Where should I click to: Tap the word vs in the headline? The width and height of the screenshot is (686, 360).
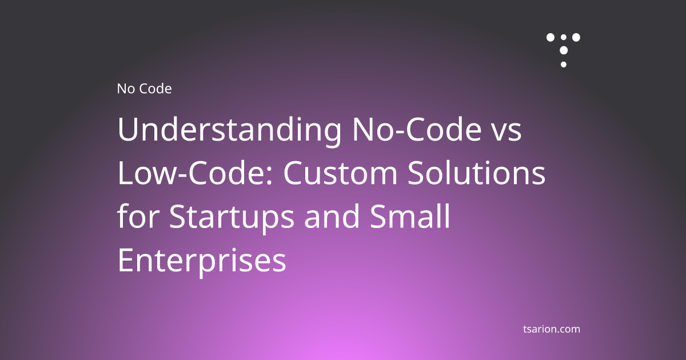[507, 133]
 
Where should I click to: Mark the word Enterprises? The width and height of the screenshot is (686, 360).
[202, 261]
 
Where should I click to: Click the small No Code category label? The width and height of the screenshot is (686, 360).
[144, 89]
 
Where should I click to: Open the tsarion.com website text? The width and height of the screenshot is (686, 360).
[552, 329]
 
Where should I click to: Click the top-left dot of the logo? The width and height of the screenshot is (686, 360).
[551, 37]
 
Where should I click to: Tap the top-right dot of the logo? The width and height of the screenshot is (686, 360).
[576, 37]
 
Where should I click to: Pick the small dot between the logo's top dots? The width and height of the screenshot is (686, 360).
[564, 38]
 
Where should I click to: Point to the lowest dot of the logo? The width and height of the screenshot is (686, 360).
[564, 65]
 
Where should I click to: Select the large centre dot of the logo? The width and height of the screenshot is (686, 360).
[564, 50]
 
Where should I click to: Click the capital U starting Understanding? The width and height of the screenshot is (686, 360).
[127, 131]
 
